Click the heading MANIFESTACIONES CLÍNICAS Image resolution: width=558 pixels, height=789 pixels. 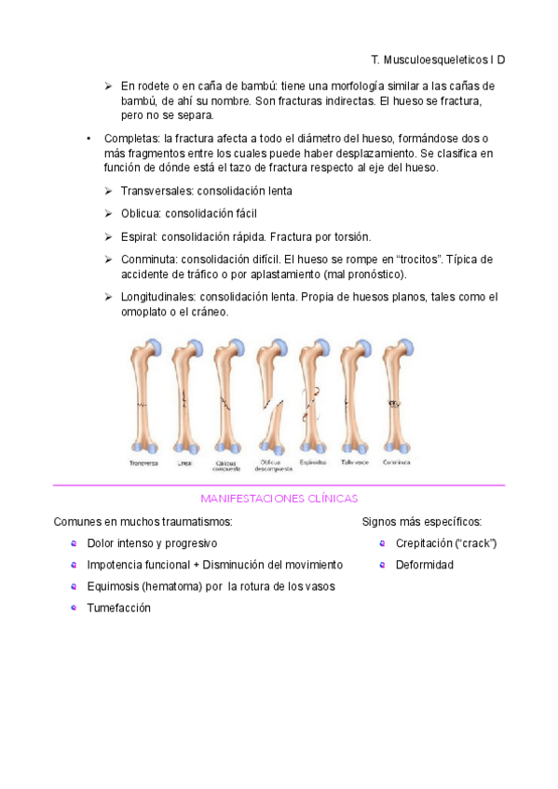pos(279,499)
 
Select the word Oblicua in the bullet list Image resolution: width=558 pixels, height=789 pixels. pos(143,213)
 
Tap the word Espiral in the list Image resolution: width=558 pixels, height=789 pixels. pos(139,236)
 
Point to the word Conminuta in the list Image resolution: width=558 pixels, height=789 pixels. pos(148,260)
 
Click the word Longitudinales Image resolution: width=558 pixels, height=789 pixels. pos(158,298)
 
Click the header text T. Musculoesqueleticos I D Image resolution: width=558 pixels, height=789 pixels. pos(437,60)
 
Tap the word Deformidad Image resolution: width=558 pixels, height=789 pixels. pos(424,565)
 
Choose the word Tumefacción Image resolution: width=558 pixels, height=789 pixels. pos(118,608)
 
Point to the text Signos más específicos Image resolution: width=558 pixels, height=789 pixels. pos(421,522)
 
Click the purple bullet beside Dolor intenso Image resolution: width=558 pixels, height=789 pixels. pos(74,543)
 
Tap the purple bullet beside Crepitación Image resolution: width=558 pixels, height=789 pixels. pos(382,543)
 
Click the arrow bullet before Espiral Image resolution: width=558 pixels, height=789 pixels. pos(109,236)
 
